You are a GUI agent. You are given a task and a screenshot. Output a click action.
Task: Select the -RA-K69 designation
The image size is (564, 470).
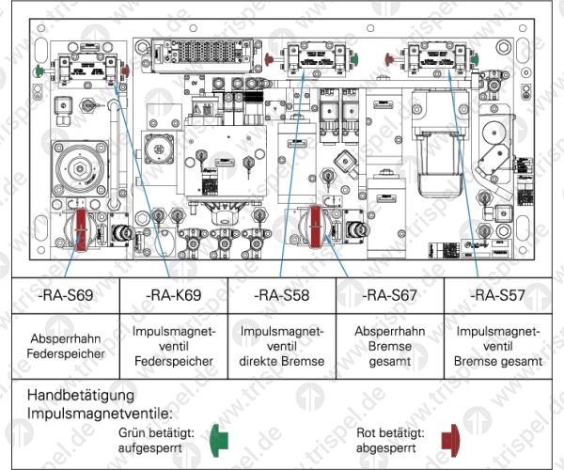175,295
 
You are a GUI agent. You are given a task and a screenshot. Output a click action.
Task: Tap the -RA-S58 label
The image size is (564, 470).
283,295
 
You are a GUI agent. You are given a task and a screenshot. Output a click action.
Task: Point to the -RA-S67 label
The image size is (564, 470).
391,295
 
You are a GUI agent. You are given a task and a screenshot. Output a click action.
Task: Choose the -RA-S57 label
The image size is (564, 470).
498,295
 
